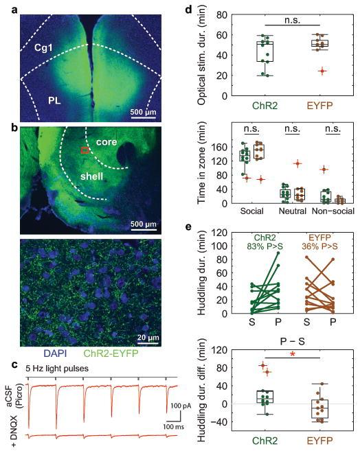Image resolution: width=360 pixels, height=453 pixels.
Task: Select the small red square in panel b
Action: point(85,149)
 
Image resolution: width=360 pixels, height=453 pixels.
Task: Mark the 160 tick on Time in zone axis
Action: point(215,147)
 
